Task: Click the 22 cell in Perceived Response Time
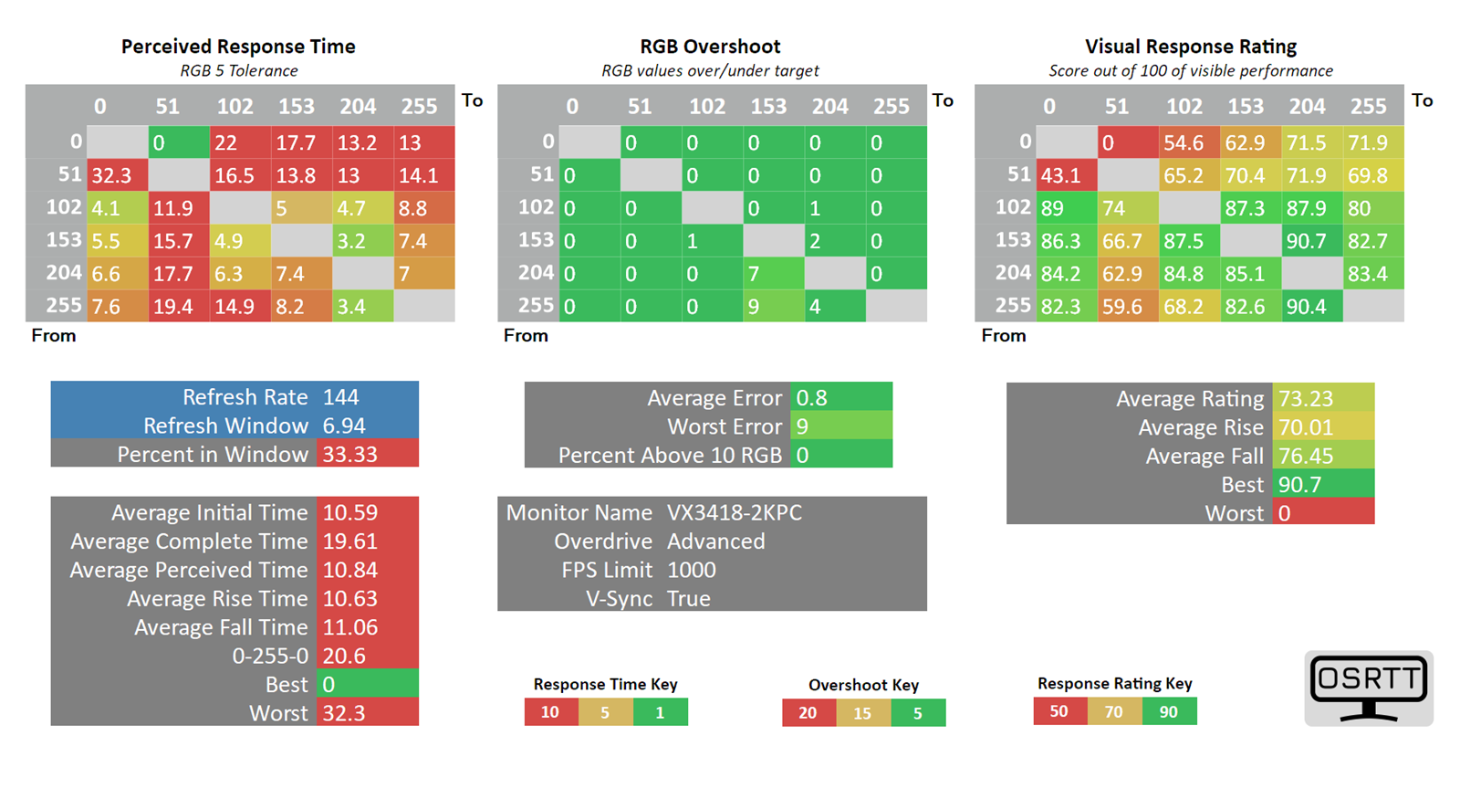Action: pyautogui.click(x=241, y=142)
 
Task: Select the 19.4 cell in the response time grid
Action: pyautogui.click(x=179, y=306)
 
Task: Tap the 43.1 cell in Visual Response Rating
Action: pyautogui.click(x=1067, y=174)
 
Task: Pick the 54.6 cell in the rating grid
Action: pyautogui.click(x=1190, y=142)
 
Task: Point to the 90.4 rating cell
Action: pyautogui.click(x=1312, y=306)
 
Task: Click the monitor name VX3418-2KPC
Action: pyautogui.click(x=735, y=513)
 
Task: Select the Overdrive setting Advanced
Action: pyautogui.click(x=715, y=541)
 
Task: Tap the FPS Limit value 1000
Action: pyautogui.click(x=692, y=570)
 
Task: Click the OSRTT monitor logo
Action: pyautogui.click(x=1369, y=688)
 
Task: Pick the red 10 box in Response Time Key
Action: pyautogui.click(x=551, y=711)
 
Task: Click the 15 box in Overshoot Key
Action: pyautogui.click(x=863, y=713)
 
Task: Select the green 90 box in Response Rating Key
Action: pyautogui.click(x=1169, y=711)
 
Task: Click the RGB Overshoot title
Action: pyautogui.click(x=710, y=47)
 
